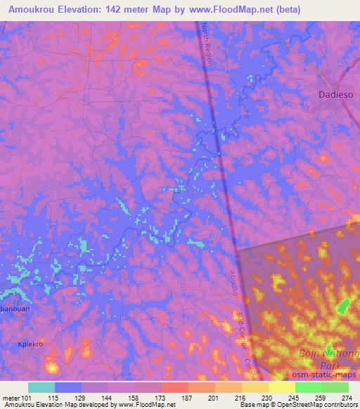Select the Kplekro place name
30,344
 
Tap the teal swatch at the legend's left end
41,387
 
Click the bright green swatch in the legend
309,387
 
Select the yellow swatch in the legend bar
282,387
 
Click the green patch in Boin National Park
344,306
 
